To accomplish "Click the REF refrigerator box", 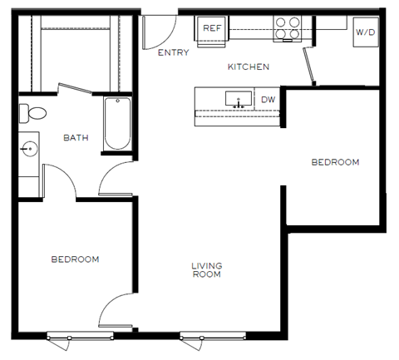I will click(x=212, y=29).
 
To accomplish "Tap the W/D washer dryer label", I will click(x=364, y=32).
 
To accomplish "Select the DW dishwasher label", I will click(x=268, y=100).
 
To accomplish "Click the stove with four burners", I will click(x=288, y=28).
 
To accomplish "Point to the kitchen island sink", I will click(x=239, y=100).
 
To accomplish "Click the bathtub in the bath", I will click(x=117, y=124).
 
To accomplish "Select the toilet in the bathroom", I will click(x=35, y=112).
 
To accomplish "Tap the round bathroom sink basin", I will click(x=30, y=150).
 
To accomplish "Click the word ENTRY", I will click(x=173, y=53).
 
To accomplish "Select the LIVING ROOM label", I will click(x=206, y=270).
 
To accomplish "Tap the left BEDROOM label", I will click(x=75, y=259).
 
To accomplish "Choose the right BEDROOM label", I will click(x=335, y=162).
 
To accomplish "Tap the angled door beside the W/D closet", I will click(x=308, y=66).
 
